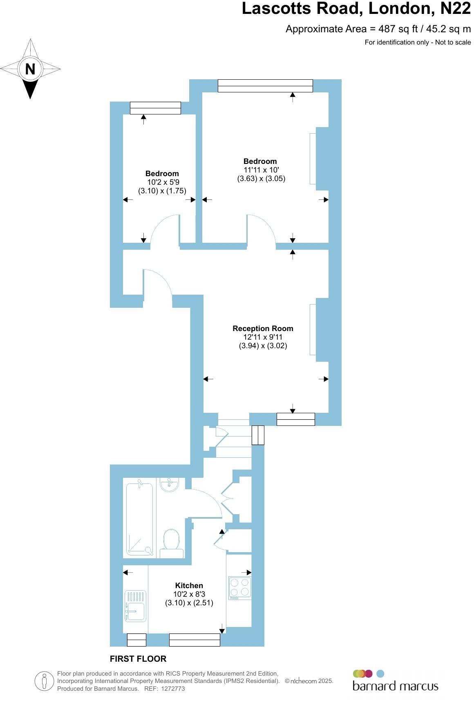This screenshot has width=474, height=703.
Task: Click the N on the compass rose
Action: coord(30,69)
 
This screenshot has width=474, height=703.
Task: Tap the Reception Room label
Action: coord(263,328)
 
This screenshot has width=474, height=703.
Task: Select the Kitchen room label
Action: coord(189,585)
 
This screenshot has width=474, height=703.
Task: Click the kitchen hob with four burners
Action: coord(239,588)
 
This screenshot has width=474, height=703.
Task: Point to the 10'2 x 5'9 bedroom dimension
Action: coord(163,182)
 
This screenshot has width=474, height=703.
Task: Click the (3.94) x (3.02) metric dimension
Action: coord(263,346)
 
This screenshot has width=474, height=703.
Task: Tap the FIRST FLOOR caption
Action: coord(138,659)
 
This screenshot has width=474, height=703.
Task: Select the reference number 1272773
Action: coord(174,689)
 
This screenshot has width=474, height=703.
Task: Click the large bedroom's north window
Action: coord(265,86)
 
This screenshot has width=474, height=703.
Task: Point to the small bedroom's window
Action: coord(155,108)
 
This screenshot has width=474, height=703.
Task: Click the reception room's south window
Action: coord(295,419)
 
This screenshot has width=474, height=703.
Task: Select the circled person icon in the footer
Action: coord(44,681)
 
